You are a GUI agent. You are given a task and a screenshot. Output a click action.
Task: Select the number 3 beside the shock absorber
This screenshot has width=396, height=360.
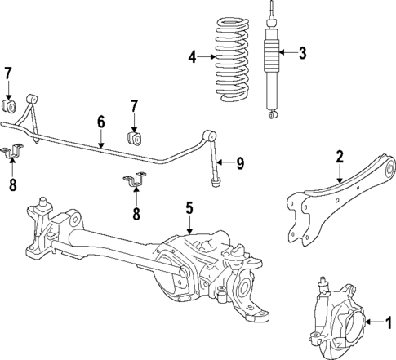(302, 54)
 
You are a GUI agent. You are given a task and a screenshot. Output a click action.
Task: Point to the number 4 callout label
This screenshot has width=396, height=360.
(193, 56)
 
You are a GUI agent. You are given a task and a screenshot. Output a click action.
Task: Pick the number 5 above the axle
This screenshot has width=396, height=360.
(189, 208)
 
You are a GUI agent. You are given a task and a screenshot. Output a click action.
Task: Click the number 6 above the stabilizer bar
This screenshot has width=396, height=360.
(100, 121)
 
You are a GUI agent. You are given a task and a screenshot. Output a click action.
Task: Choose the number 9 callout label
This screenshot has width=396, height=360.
(240, 163)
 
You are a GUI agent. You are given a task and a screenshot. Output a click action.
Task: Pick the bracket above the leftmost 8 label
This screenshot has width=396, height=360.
(14, 152)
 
